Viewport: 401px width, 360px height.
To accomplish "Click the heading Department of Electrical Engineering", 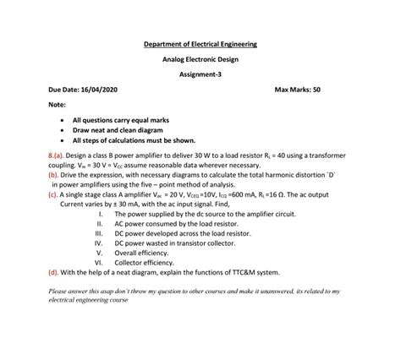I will point(200,43).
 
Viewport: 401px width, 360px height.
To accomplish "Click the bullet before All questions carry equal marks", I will point(64,121).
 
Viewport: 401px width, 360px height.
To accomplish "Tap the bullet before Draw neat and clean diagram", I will point(64,131).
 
